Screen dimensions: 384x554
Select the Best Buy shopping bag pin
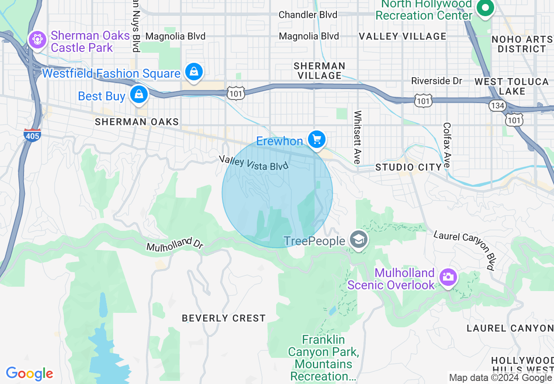pyautogui.click(x=138, y=95)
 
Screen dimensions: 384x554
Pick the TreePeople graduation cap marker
pyautogui.click(x=359, y=240)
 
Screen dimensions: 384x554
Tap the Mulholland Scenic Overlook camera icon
pyautogui.click(x=447, y=277)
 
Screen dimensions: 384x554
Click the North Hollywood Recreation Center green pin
pyautogui.click(x=485, y=8)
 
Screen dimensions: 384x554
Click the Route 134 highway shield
pyautogui.click(x=498, y=106)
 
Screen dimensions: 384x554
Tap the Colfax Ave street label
pyautogui.click(x=447, y=145)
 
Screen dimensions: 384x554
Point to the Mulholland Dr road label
pyautogui.click(x=175, y=244)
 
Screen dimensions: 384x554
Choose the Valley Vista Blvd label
pyautogui.click(x=254, y=162)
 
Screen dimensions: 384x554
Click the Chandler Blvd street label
pyautogui.click(x=308, y=15)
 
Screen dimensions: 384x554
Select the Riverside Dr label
pyautogui.click(x=436, y=81)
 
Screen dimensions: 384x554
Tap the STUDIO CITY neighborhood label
pyautogui.click(x=409, y=167)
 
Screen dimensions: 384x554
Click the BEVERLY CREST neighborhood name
pyautogui.click(x=223, y=318)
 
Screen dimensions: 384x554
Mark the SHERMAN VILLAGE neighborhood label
pyautogui.click(x=319, y=71)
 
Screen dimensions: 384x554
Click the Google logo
pyautogui.click(x=29, y=374)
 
